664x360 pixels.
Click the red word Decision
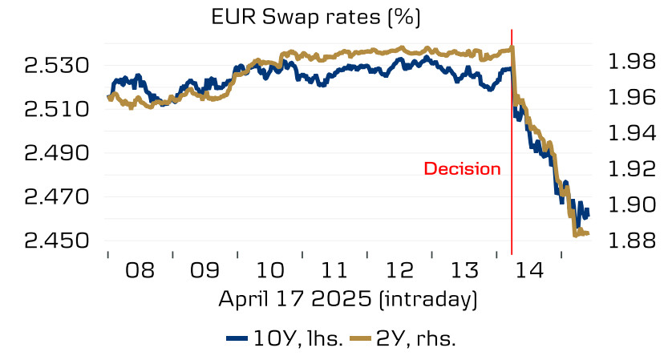[463, 169]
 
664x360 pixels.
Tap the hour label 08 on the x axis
[140, 269]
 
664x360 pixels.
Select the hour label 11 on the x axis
[334, 269]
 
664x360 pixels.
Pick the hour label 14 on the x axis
[529, 269]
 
